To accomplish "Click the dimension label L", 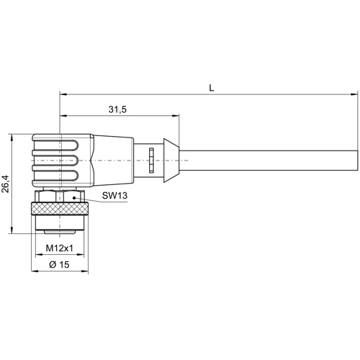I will [x=211, y=87].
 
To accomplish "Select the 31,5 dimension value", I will [x=117, y=109].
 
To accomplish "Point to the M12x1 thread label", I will [x=60, y=249].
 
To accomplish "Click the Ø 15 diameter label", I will [x=60, y=266].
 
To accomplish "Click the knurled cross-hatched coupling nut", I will [x=60, y=214].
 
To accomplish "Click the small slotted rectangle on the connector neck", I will [x=151, y=159].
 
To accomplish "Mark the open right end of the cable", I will [x=356, y=159].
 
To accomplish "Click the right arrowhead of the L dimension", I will [x=354, y=94].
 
